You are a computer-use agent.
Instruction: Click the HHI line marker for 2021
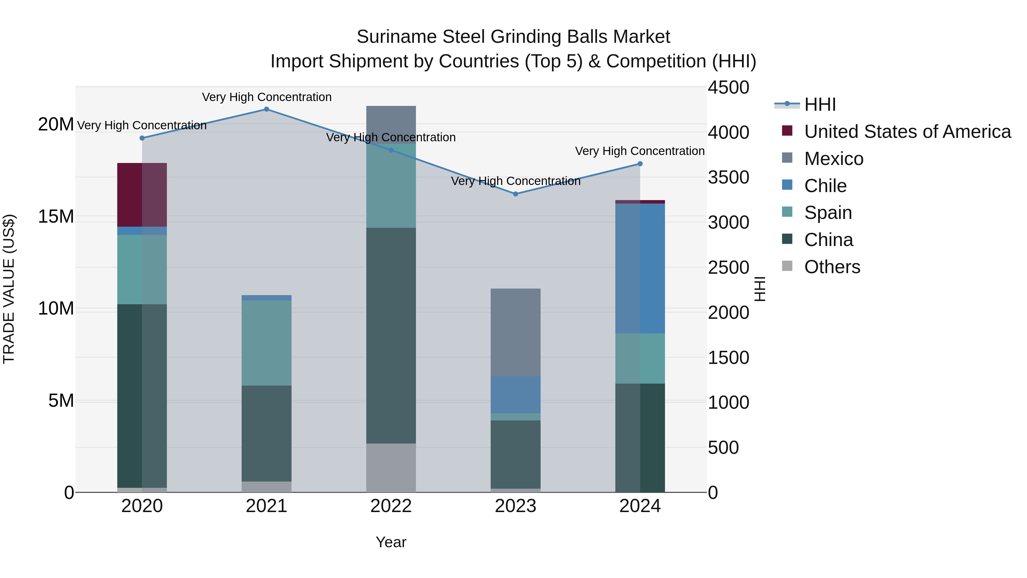(267, 109)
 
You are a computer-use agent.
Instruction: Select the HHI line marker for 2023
(515, 194)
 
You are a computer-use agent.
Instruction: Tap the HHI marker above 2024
(640, 164)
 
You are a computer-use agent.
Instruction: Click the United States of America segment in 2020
(142, 195)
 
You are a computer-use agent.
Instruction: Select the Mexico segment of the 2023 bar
(515, 332)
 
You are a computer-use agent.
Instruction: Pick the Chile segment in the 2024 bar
(640, 269)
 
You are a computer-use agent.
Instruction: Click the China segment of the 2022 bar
(391, 335)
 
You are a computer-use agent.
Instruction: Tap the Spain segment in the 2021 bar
(267, 343)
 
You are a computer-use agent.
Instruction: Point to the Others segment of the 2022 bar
(391, 468)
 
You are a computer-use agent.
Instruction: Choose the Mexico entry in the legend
(834, 159)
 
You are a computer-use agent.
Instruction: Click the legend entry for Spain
(828, 213)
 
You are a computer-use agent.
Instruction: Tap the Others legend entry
(832, 267)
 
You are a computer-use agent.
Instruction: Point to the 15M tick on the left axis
(56, 217)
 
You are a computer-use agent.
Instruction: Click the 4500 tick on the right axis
(728, 88)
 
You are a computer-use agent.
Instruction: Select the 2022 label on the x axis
(391, 506)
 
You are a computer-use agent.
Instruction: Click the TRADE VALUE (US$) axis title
(9, 289)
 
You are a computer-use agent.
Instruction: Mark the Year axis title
(391, 542)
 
